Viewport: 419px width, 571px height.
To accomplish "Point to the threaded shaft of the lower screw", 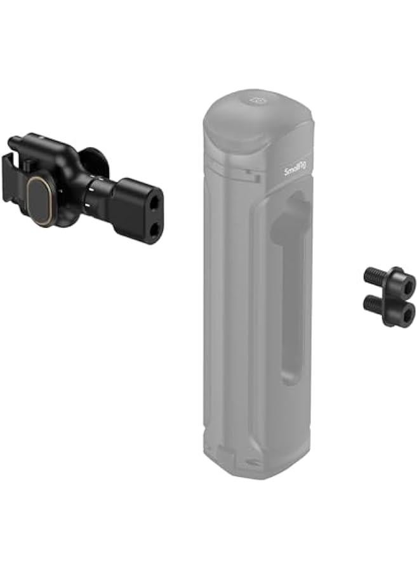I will pyautogui.click(x=373, y=305).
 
